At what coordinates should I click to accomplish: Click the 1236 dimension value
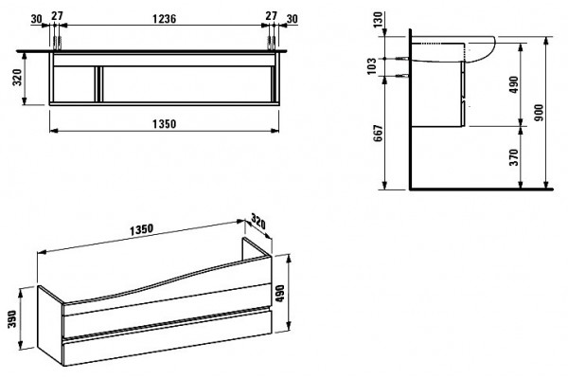pyautogui.click(x=164, y=18)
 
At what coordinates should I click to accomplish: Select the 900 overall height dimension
pyautogui.click(x=539, y=113)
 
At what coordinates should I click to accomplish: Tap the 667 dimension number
pyautogui.click(x=378, y=133)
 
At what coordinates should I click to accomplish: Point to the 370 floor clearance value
pyautogui.click(x=514, y=157)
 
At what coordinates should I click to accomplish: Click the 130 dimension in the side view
pyautogui.click(x=378, y=19)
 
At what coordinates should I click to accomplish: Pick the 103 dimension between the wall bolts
pyautogui.click(x=372, y=66)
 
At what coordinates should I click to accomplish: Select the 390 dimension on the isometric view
pyautogui.click(x=12, y=318)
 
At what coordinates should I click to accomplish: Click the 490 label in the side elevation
pyautogui.click(x=514, y=84)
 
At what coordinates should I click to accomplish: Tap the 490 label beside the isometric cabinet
pyautogui.click(x=280, y=294)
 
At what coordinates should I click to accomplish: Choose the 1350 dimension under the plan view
pyautogui.click(x=164, y=124)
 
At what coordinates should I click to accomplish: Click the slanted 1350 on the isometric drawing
pyautogui.click(x=142, y=229)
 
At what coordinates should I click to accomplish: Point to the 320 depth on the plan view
pyautogui.click(x=17, y=77)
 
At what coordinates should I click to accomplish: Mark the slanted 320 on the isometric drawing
pyautogui.click(x=257, y=222)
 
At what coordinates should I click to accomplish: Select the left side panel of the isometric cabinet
pyautogui.click(x=51, y=324)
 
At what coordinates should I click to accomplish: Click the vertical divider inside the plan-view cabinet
pyautogui.click(x=98, y=84)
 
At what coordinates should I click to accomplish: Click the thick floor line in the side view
pyautogui.click(x=482, y=189)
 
